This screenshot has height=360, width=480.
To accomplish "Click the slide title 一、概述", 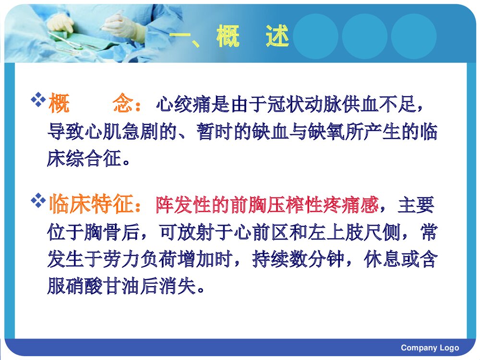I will (230, 37).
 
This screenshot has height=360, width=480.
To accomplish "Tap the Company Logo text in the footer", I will (430, 348).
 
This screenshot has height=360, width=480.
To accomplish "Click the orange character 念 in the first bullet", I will (122, 104).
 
